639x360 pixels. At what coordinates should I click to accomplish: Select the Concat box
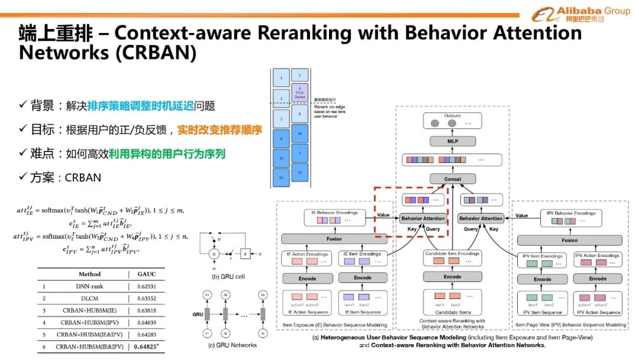(452, 179)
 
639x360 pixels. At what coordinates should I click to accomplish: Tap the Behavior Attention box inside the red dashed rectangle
(422, 218)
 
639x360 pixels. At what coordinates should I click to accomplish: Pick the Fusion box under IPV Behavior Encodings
(569, 240)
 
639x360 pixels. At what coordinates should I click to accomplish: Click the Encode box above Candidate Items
(452, 277)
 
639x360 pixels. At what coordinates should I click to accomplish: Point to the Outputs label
(452, 116)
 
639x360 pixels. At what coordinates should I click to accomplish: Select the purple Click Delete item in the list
(300, 93)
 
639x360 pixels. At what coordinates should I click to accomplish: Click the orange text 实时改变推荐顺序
(220, 130)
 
